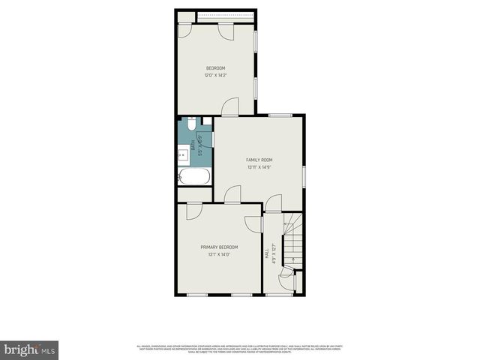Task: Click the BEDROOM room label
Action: point(215,68)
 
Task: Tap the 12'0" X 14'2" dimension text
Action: point(215,75)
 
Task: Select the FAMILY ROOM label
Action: point(259,160)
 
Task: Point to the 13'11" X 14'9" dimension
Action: point(259,167)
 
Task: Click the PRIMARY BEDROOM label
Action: point(219,247)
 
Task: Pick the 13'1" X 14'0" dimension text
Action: point(219,255)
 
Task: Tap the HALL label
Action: point(268,254)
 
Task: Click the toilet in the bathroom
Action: point(192,124)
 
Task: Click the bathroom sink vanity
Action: point(183,154)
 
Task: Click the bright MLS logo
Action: point(30,349)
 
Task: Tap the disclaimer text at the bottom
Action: point(240,348)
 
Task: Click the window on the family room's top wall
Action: point(280,115)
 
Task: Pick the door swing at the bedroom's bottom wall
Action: point(231,106)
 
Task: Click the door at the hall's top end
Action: point(273,203)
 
